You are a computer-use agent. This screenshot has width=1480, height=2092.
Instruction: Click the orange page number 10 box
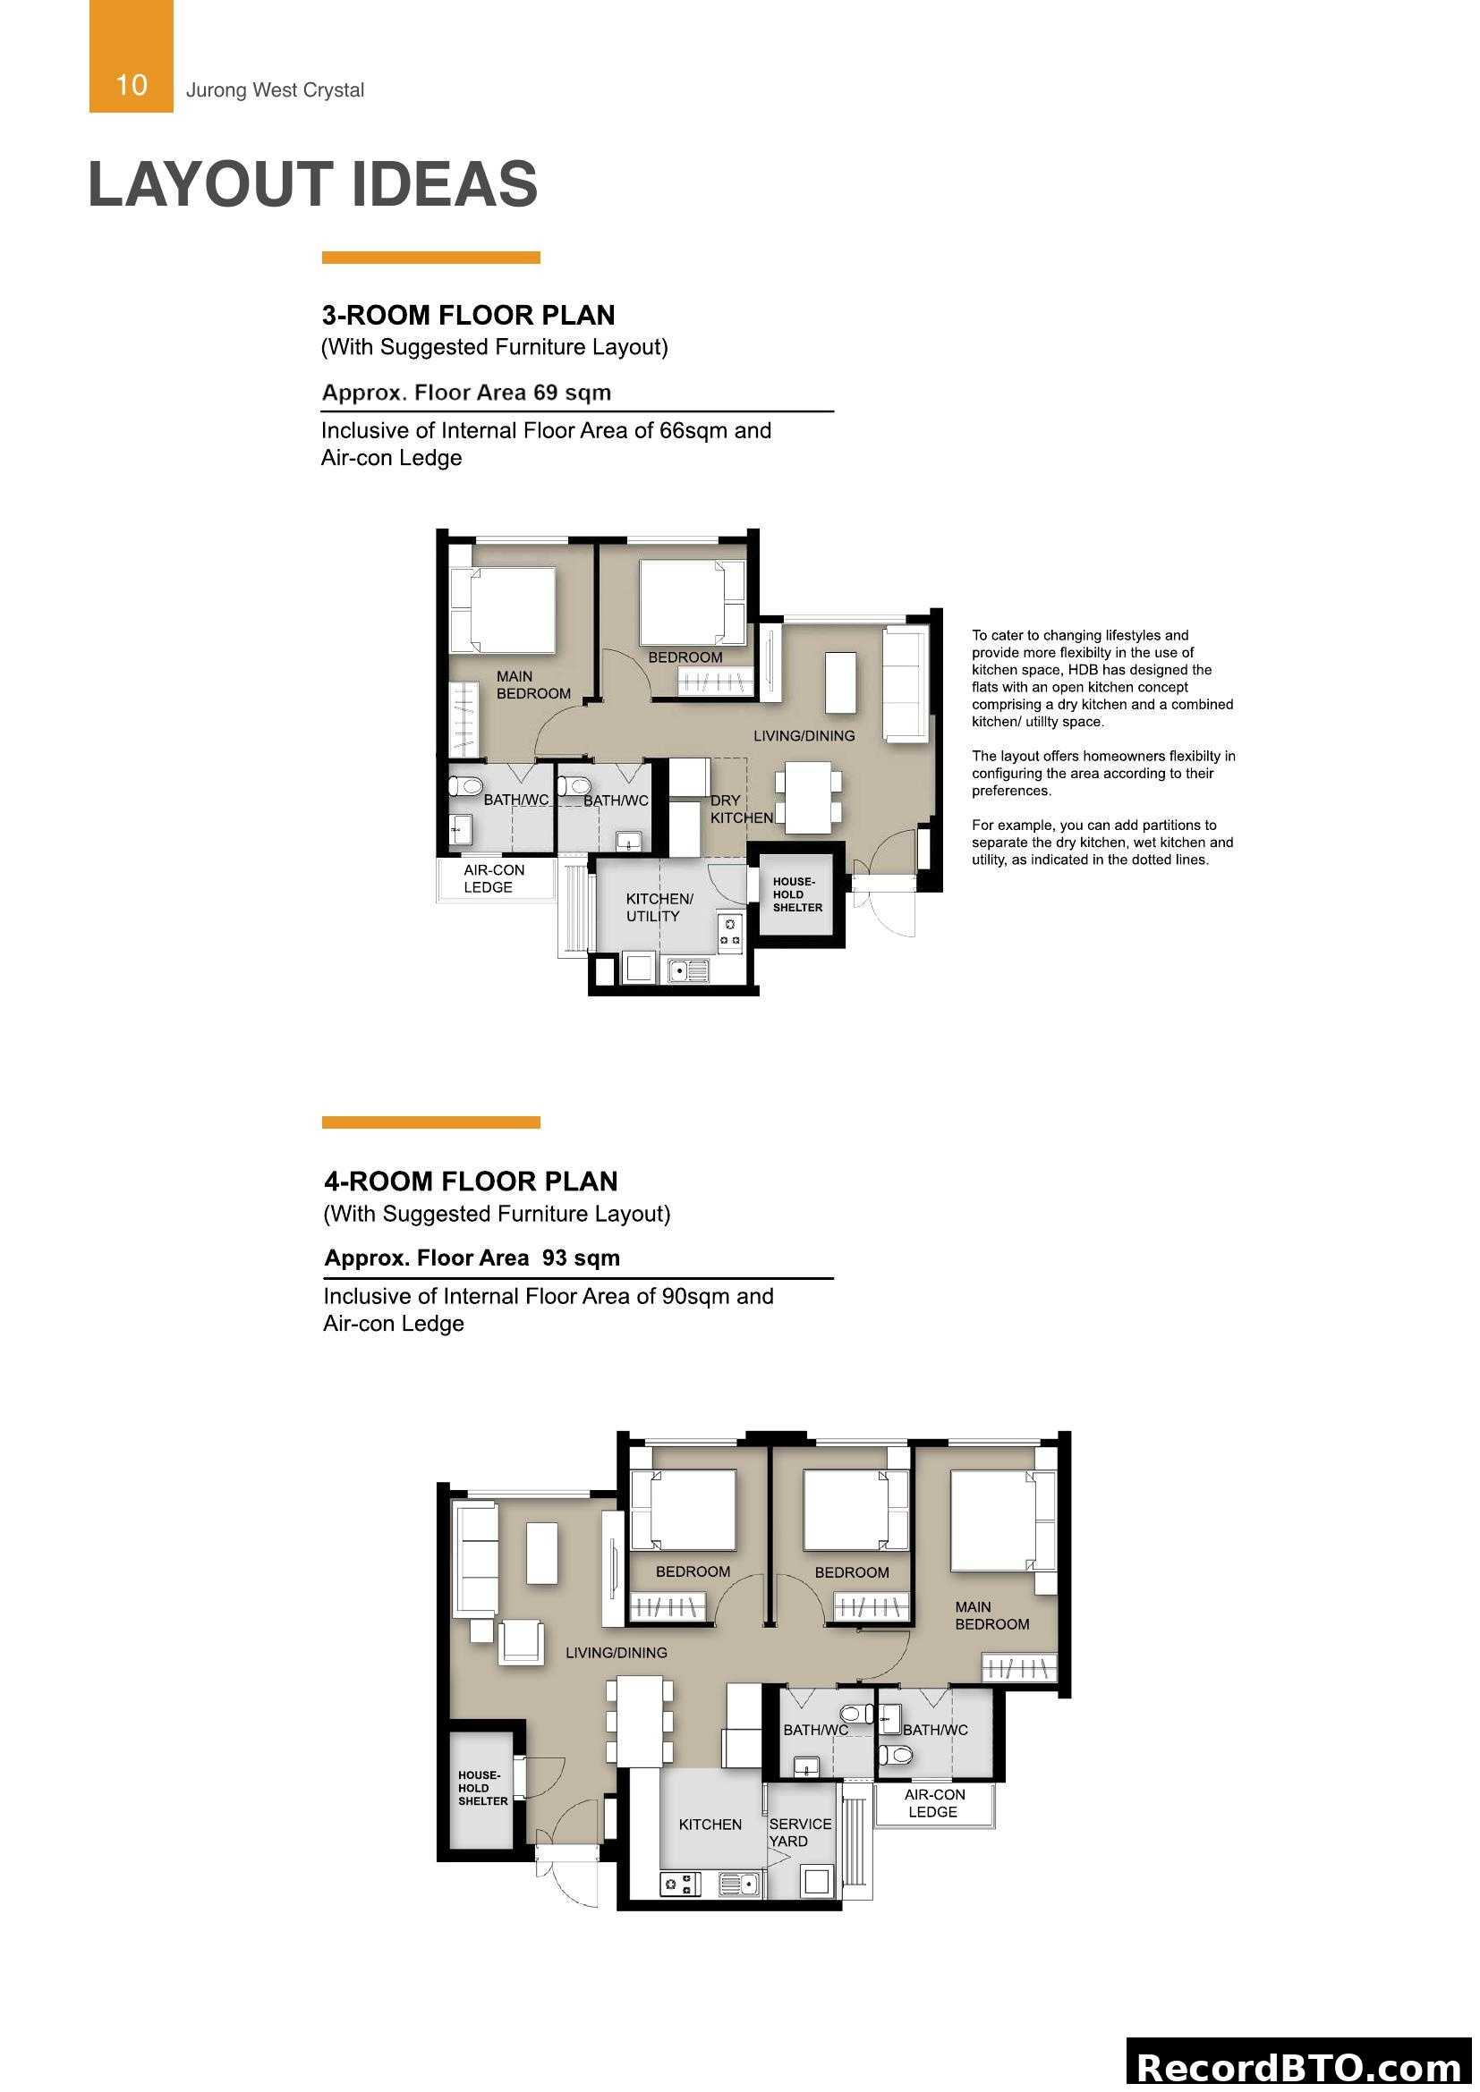click(131, 56)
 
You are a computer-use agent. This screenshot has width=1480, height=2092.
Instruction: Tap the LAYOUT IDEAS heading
click(312, 184)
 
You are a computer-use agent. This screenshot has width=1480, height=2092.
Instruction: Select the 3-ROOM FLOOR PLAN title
click(467, 315)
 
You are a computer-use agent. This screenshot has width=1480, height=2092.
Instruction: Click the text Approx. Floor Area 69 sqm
click(465, 393)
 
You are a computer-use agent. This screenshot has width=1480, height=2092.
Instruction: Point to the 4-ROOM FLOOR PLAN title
click(471, 1181)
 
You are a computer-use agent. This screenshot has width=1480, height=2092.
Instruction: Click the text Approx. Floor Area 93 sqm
click(472, 1258)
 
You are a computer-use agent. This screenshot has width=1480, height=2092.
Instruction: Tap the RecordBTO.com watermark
click(1300, 2066)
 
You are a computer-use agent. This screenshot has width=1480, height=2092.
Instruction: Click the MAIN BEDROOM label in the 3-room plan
click(532, 684)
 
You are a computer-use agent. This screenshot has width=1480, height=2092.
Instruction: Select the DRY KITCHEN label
click(740, 809)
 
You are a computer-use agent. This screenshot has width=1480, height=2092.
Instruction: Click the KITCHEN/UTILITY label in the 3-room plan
click(658, 907)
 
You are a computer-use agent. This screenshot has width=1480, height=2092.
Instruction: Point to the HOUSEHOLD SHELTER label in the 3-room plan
click(796, 894)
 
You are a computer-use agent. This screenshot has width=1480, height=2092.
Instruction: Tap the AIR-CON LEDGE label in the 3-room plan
click(493, 878)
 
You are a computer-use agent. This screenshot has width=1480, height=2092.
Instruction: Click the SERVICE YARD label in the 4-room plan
click(799, 1833)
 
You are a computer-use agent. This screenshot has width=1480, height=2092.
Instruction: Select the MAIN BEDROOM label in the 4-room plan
click(991, 1615)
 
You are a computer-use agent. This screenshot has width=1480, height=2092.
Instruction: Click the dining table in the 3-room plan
click(807, 797)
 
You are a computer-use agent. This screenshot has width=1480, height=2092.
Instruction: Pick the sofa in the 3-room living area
click(905, 683)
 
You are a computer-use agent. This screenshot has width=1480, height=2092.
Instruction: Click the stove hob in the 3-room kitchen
click(729, 931)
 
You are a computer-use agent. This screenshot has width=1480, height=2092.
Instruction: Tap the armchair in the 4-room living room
click(523, 1643)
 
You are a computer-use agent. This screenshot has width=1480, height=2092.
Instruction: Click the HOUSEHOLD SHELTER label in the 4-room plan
click(482, 1788)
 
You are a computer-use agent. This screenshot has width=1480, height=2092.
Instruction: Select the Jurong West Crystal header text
click(275, 90)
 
